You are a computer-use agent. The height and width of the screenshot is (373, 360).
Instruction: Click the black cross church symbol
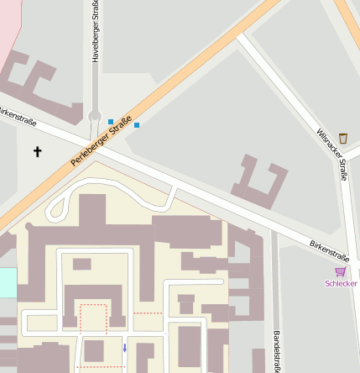click(37, 152)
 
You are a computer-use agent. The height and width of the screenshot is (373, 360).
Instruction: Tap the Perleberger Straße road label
click(102, 141)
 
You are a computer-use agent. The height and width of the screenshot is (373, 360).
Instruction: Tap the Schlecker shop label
click(341, 283)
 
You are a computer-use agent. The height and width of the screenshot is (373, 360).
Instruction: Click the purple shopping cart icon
click(340, 271)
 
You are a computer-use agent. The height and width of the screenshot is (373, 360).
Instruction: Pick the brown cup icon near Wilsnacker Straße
click(343, 138)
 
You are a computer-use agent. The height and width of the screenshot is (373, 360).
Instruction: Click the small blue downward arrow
click(125, 347)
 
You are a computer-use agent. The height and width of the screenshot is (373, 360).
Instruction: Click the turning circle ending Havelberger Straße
click(95, 116)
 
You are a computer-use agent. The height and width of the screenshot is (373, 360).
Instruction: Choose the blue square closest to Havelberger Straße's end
click(111, 122)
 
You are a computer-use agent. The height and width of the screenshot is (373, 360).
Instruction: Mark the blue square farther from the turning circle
click(137, 125)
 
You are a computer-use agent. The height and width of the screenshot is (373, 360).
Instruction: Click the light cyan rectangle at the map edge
click(8, 282)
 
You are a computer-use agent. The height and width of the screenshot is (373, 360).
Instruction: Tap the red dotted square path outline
click(94, 318)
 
